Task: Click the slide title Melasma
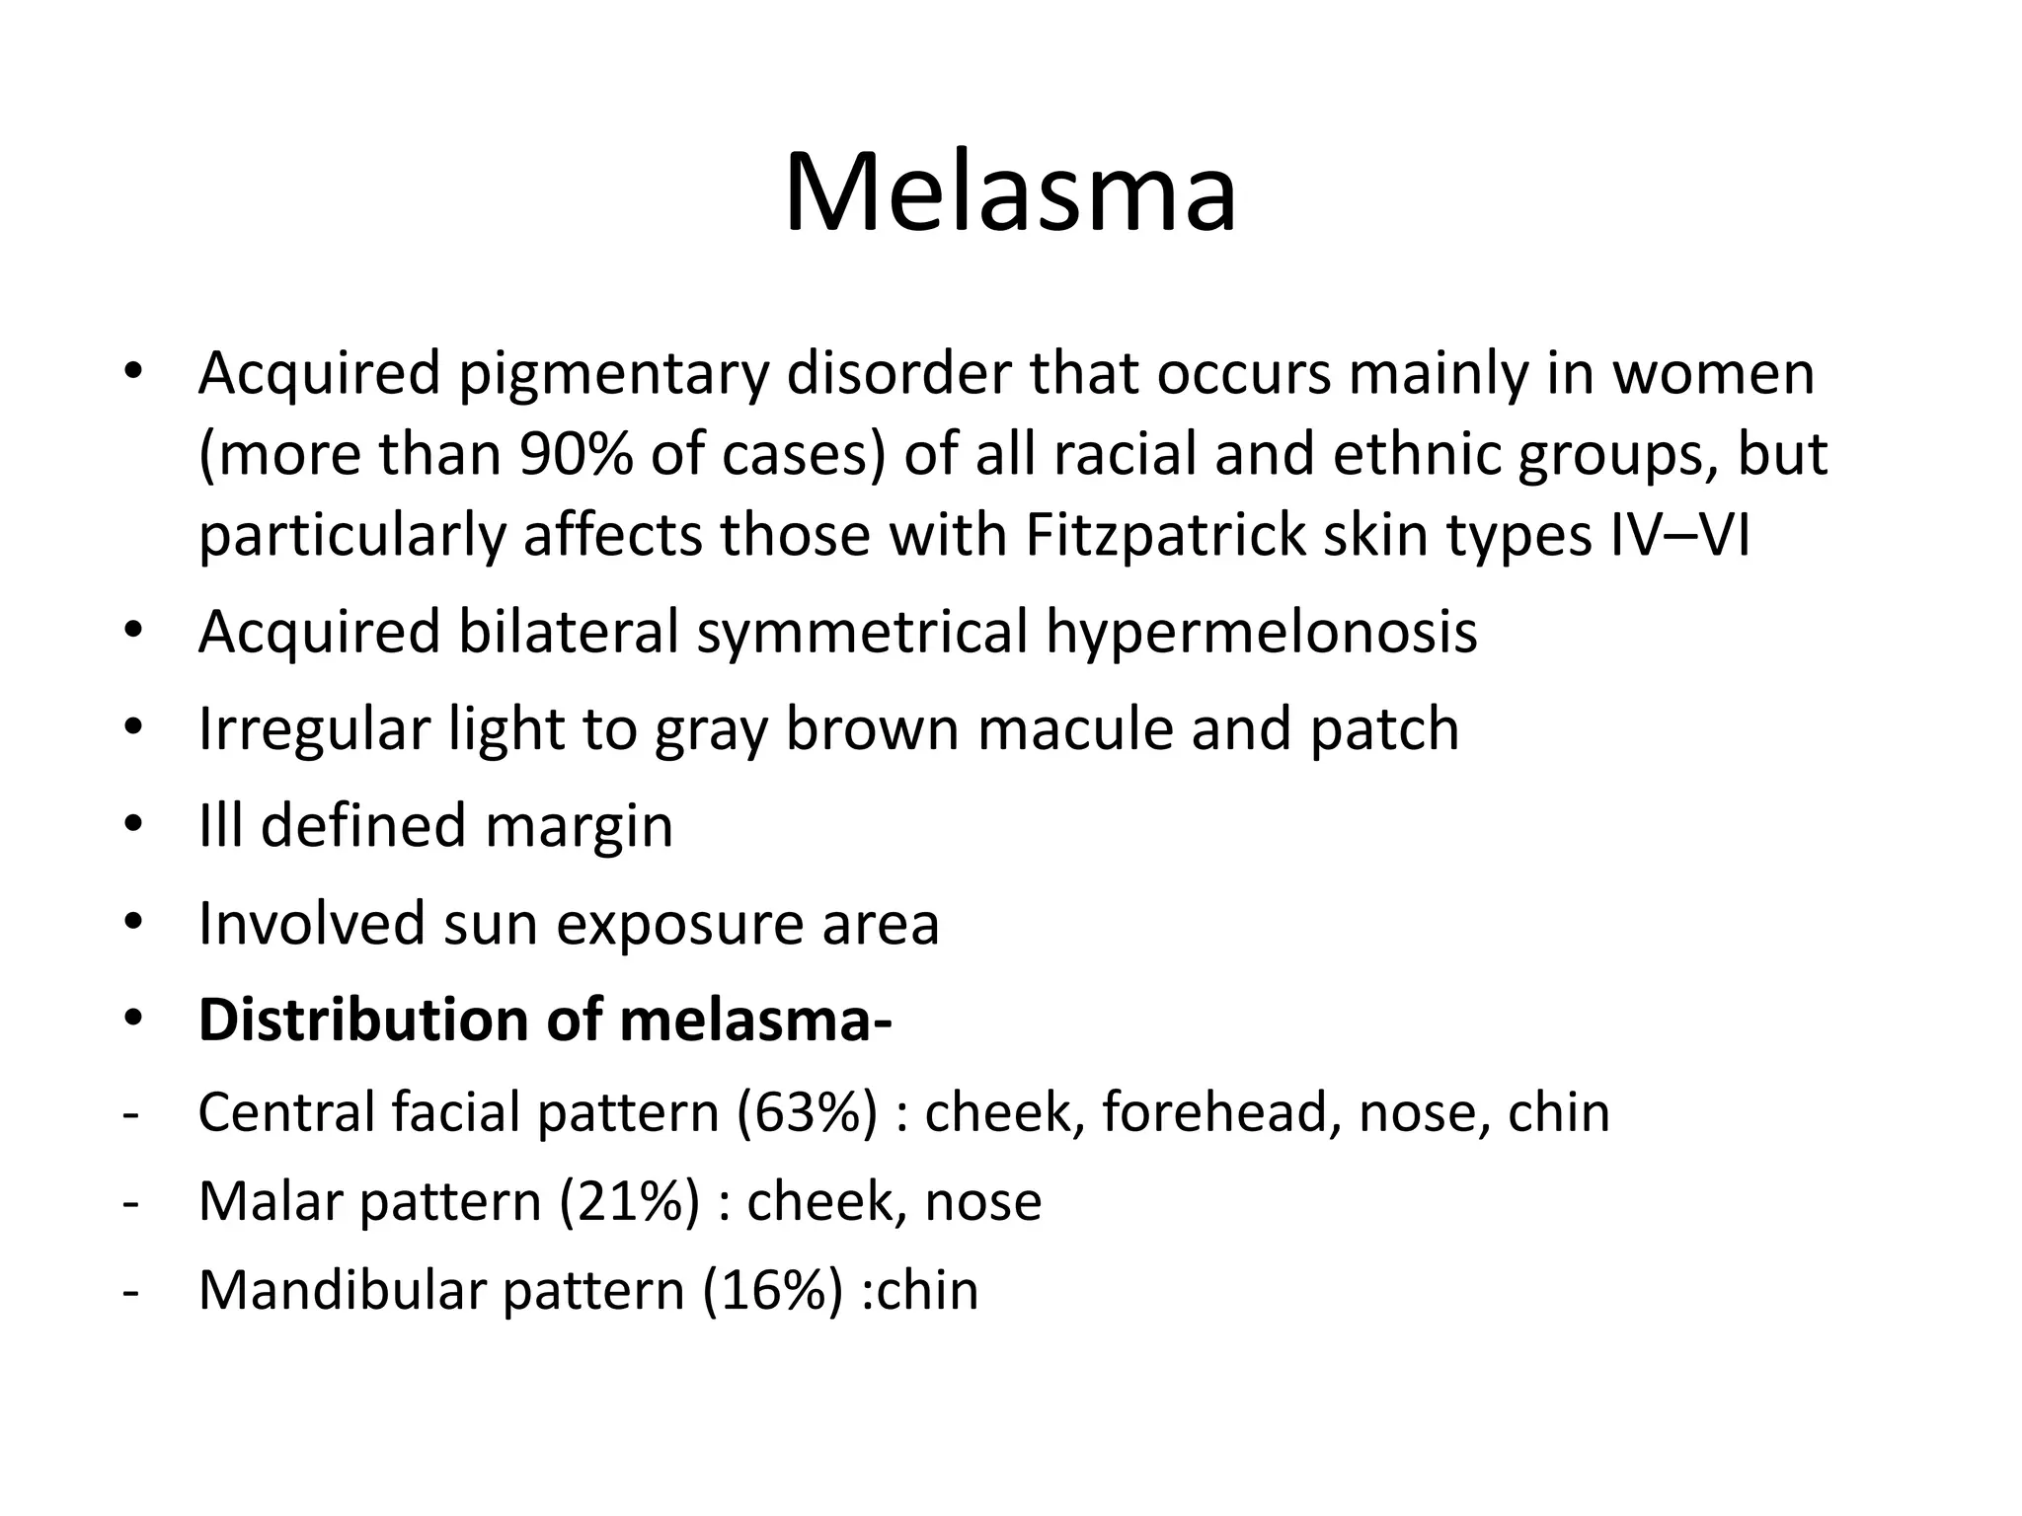(1010, 191)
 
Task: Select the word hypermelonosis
(1261, 633)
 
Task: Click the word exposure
(679, 924)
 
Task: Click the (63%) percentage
(806, 1113)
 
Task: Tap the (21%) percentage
(629, 1202)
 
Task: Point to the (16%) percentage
(773, 1291)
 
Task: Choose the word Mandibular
(342, 1291)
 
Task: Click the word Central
(286, 1113)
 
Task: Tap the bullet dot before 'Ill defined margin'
(133, 825)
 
